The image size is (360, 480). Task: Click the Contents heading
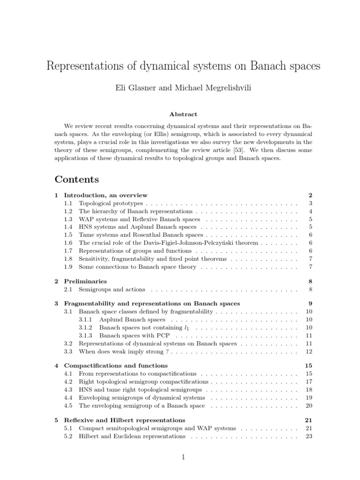click(x=77, y=179)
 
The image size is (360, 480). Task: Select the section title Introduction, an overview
click(x=105, y=195)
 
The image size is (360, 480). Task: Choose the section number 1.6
click(x=68, y=243)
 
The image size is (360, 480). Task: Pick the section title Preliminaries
click(x=85, y=281)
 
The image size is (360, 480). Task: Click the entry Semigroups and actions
click(x=112, y=289)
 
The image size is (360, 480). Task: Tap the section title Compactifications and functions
click(x=116, y=365)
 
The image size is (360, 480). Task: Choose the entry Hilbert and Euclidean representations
click(x=132, y=436)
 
